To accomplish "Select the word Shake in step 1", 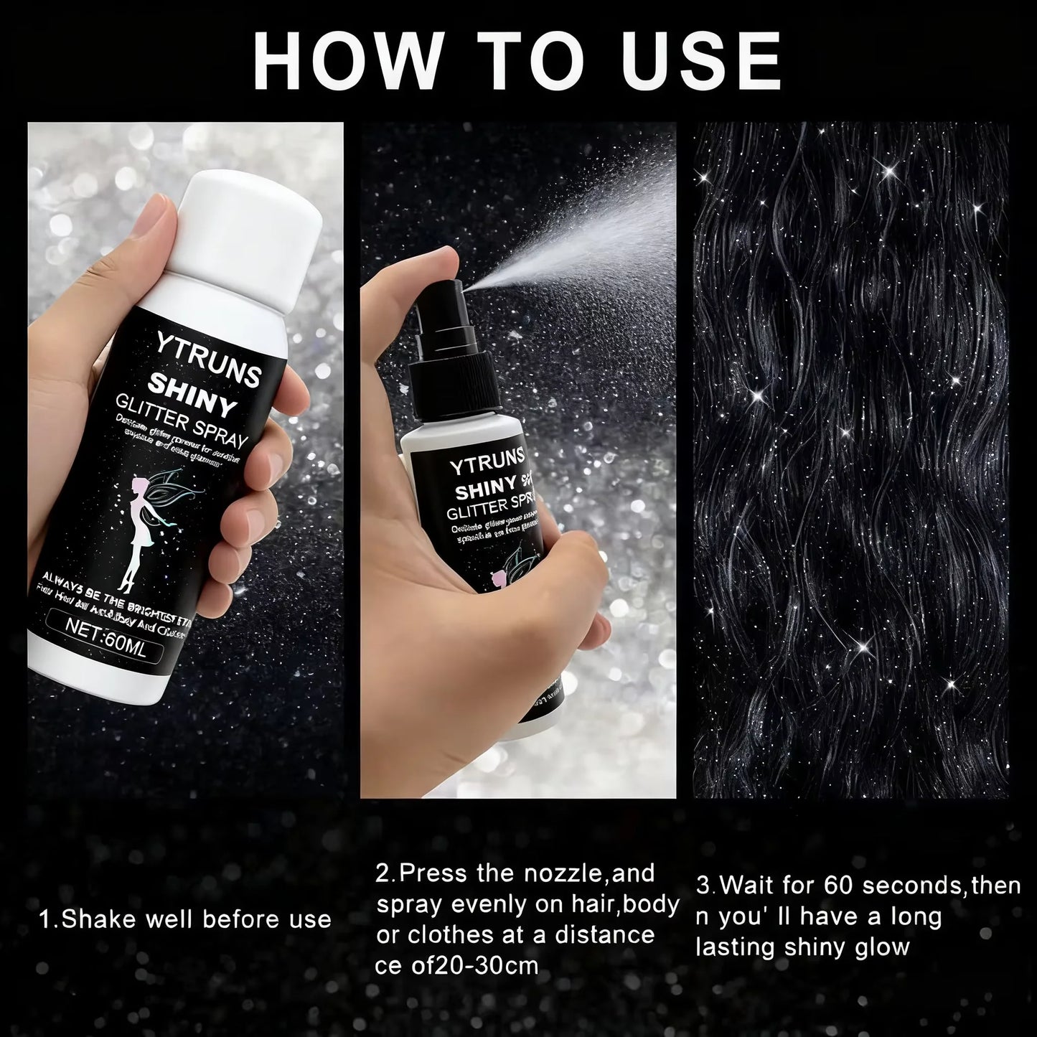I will (x=98, y=919).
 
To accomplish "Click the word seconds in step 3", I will (x=911, y=886).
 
